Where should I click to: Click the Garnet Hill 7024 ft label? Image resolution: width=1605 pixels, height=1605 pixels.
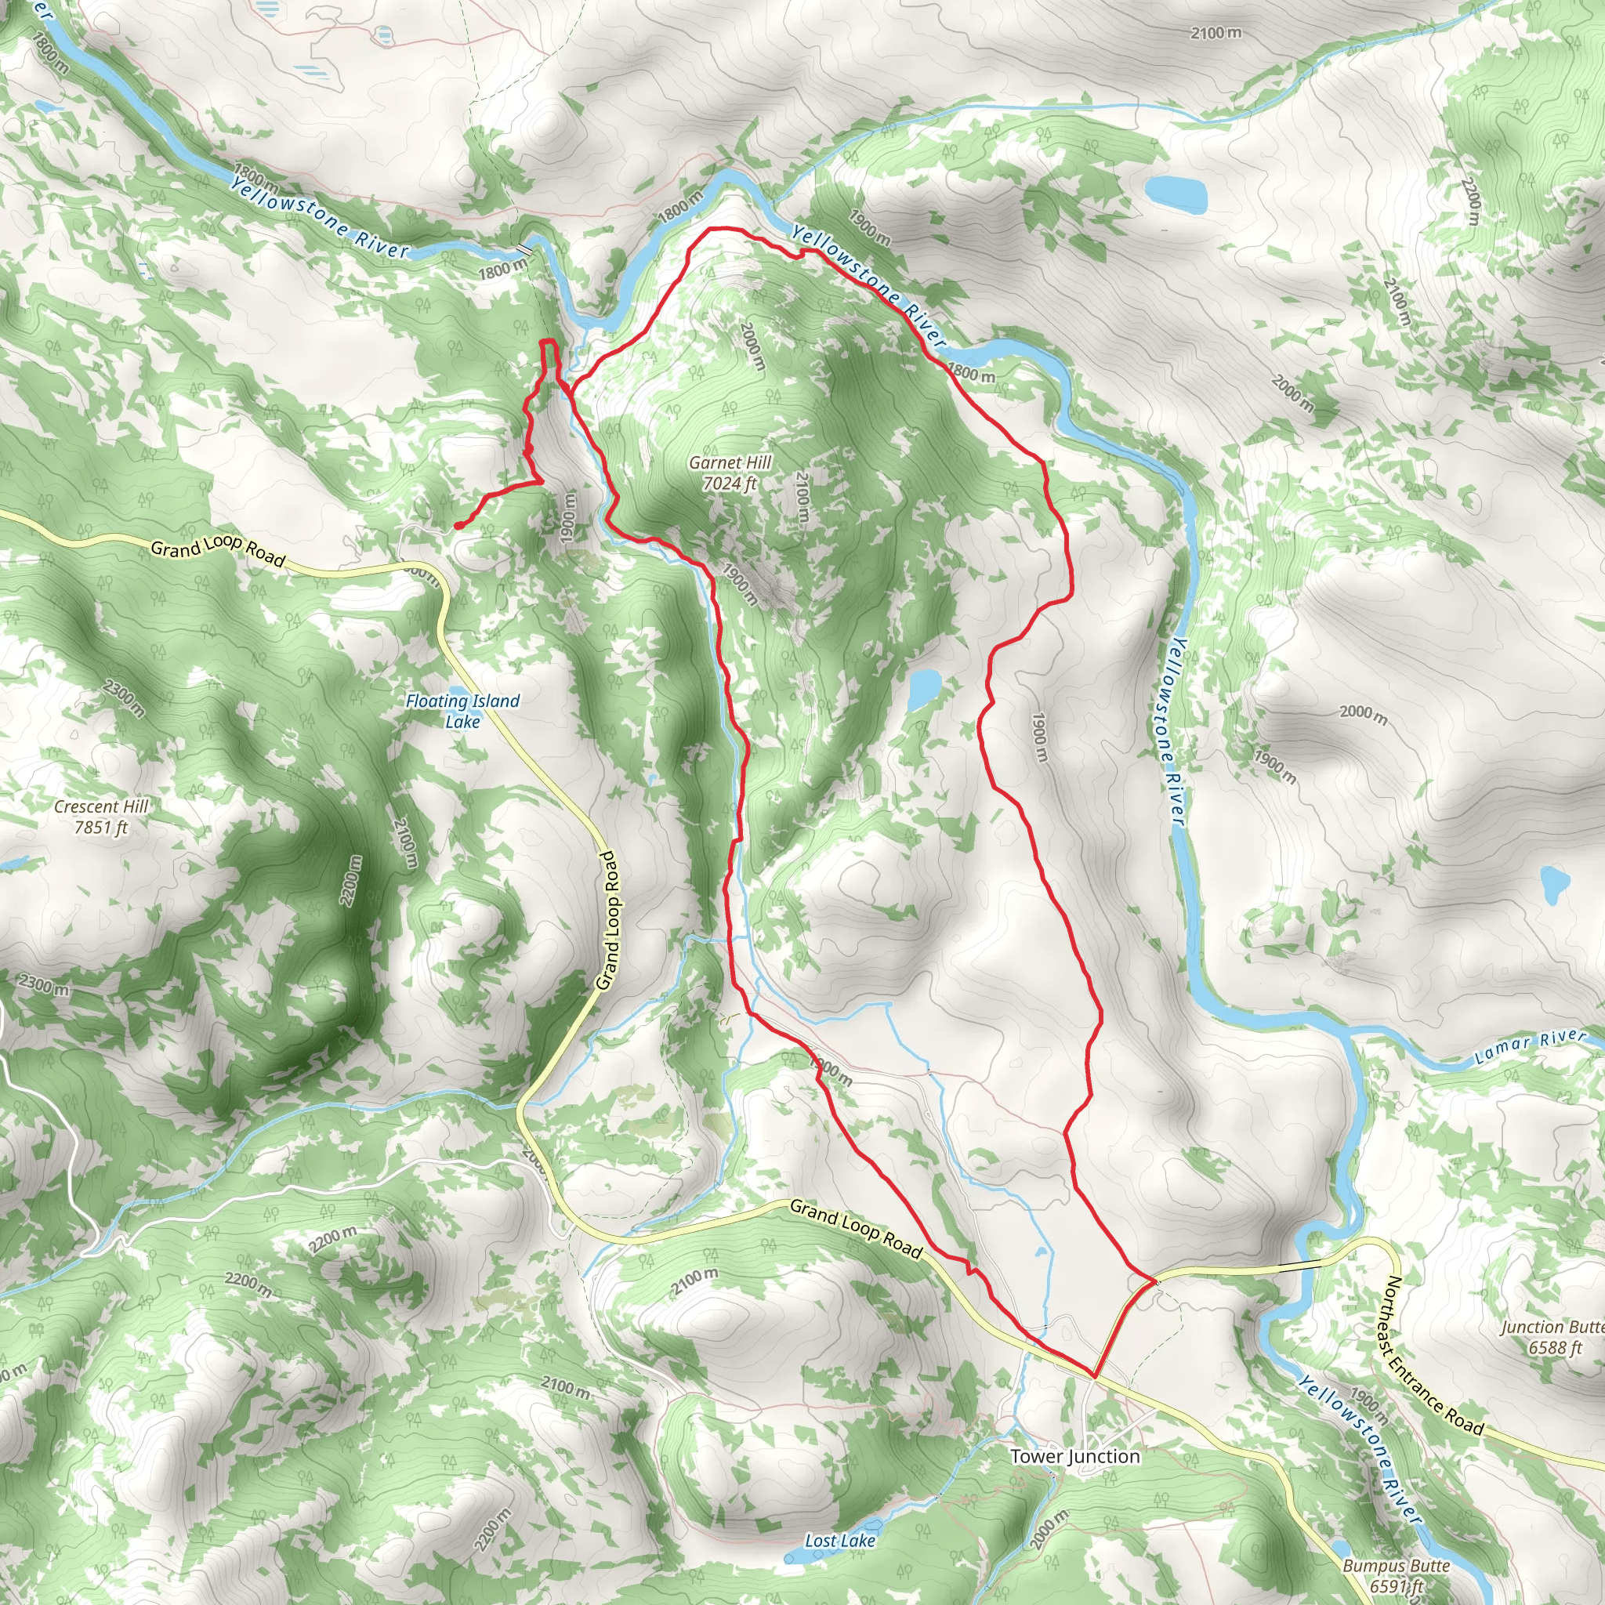tap(730, 473)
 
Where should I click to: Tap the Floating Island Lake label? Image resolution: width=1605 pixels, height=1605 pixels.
tap(462, 711)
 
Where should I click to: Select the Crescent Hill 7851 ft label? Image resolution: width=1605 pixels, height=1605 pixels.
tap(100, 817)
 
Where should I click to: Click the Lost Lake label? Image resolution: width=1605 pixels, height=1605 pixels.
tap(840, 1541)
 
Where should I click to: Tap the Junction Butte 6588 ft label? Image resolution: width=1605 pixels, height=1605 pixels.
tap(1552, 1337)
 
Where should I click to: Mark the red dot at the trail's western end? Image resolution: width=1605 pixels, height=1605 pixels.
tap(458, 525)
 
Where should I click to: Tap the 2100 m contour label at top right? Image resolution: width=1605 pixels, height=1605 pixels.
tap(1216, 33)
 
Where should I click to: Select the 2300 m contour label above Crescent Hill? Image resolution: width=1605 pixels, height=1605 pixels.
tap(125, 697)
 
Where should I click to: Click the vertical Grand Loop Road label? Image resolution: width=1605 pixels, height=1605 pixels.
tap(609, 919)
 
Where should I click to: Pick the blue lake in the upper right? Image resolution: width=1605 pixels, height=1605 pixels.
tap(1175, 193)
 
